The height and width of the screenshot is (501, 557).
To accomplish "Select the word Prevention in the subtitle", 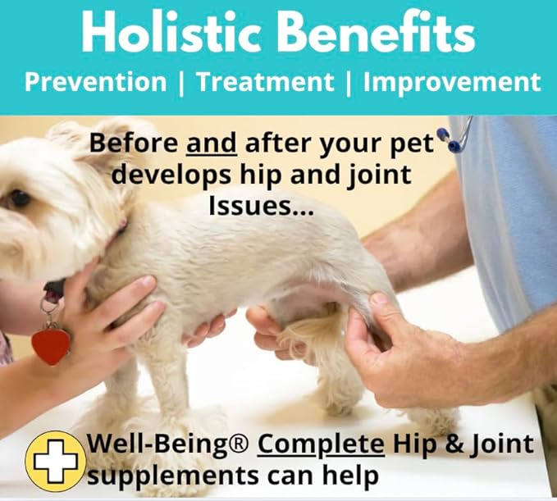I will tap(94, 82).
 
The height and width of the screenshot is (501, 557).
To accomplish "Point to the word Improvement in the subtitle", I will tap(452, 82).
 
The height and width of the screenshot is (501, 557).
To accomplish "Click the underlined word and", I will tap(212, 143).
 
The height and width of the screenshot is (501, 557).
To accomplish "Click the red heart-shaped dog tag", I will tap(51, 344).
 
